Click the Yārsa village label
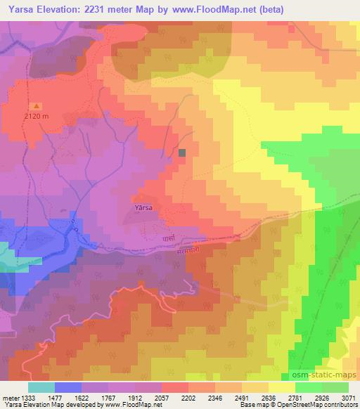143,207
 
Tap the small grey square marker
183,152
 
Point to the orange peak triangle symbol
37,106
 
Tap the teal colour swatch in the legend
41,387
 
